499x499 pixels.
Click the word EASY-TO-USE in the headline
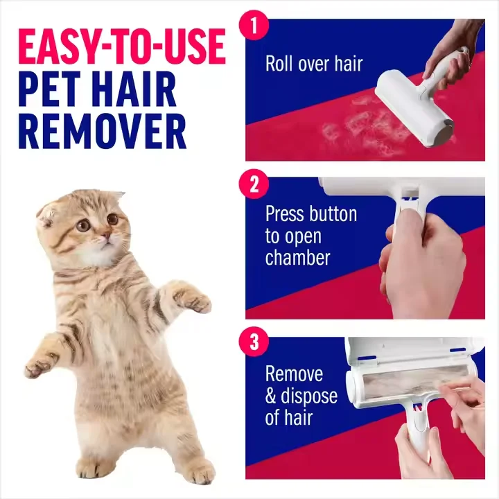[x=121, y=47]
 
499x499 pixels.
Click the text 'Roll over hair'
[x=314, y=64]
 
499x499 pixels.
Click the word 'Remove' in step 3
[x=294, y=374]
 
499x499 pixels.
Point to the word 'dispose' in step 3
[x=310, y=396]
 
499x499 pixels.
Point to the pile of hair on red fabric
[x=347, y=125]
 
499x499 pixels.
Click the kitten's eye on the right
[x=112, y=220]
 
